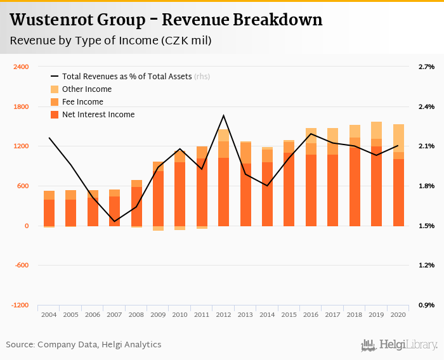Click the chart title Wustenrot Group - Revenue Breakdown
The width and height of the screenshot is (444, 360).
[x=166, y=20]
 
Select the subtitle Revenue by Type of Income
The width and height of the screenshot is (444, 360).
[x=111, y=41]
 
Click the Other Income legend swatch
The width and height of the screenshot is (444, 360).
[x=55, y=89]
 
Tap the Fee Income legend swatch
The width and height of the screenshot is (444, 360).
[x=55, y=102]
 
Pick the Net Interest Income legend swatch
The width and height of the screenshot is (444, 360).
[x=55, y=115]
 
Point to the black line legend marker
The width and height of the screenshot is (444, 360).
[x=55, y=77]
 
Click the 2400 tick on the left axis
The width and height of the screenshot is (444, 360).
[x=21, y=67]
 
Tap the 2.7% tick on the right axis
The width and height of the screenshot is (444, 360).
[x=426, y=67]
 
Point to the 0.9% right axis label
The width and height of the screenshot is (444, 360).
[x=426, y=305]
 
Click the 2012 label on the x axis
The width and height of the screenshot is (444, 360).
[x=223, y=314]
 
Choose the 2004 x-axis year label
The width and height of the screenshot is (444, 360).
[x=49, y=314]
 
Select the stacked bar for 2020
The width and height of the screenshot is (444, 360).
[x=398, y=175]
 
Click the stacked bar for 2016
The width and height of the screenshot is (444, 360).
[x=311, y=177]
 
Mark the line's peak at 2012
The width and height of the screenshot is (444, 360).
[x=223, y=115]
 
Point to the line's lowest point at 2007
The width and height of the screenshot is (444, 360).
[x=114, y=222]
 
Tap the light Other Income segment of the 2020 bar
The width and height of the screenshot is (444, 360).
[x=398, y=138]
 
